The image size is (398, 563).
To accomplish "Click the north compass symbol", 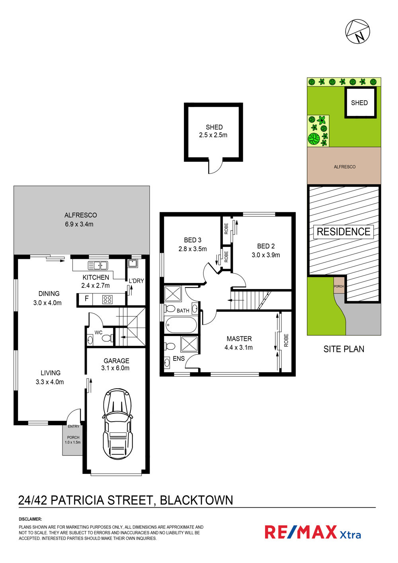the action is coord(357,31).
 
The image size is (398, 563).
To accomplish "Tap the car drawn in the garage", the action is coord(117,424).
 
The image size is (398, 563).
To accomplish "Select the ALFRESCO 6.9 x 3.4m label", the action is coord(80,219).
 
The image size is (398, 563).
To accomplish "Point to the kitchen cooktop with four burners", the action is coord(107,299).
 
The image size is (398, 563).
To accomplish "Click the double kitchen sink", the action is coord(98,266).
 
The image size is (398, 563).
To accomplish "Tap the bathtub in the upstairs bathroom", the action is coord(181,325).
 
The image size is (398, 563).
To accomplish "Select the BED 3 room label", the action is coord(193,240).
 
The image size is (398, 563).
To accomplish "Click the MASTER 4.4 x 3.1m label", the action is coord(239,343).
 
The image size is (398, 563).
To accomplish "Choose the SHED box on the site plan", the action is coord(361,102).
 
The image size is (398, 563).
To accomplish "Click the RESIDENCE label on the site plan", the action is coord(343,231).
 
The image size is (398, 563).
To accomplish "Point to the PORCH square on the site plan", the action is coord(339,285).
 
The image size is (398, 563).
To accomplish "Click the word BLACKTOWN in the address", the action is coord(197,500).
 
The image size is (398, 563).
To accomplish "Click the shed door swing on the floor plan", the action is coord(216,166).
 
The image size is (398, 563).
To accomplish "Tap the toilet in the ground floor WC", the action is coord(107,338).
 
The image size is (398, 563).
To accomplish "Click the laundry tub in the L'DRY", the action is coord(133,264).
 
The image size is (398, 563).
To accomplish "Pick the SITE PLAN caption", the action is coord(344,349).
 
